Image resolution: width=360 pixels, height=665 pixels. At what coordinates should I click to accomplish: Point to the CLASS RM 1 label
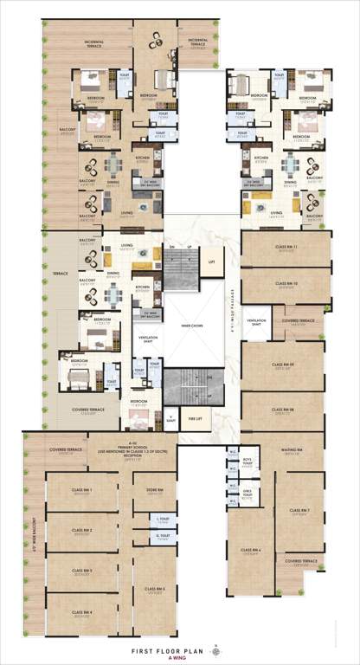click(83, 490)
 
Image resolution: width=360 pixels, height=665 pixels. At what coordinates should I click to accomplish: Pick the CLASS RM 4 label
click(83, 613)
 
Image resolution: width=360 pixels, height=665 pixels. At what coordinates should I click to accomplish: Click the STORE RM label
click(155, 490)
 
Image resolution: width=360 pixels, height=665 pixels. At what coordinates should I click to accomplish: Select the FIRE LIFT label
click(198, 419)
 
